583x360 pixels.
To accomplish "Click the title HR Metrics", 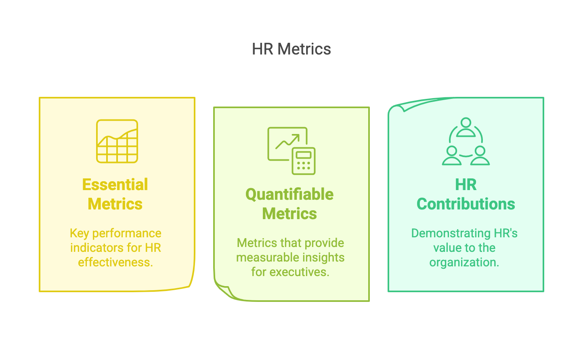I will (291, 49).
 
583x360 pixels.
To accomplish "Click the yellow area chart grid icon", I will (117, 141).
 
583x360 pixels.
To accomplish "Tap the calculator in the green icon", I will (304, 161).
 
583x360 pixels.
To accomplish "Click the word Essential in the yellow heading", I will (115, 185).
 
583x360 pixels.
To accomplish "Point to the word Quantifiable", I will (289, 195).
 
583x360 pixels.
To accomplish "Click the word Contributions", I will (466, 204).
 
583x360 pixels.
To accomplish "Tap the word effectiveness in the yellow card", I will (115, 262).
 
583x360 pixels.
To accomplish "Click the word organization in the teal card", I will (464, 262).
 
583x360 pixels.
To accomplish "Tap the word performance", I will (127, 233).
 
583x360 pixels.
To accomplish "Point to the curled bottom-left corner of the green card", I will (224, 291).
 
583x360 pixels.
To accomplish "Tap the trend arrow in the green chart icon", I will (288, 141).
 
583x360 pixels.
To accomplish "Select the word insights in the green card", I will (324, 257).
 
